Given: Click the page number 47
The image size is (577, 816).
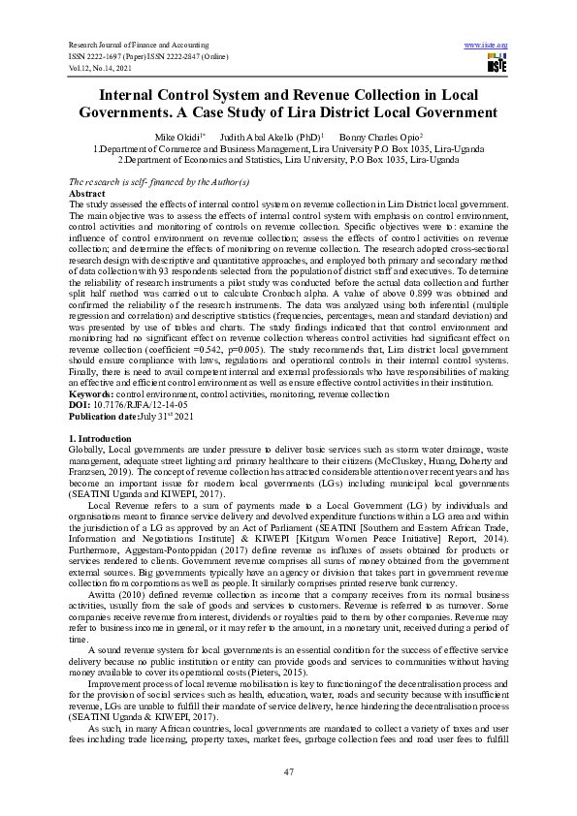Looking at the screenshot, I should [x=288, y=771].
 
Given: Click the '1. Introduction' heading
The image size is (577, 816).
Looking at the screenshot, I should [x=104, y=440].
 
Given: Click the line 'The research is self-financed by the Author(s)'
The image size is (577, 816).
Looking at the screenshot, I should [x=159, y=182].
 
